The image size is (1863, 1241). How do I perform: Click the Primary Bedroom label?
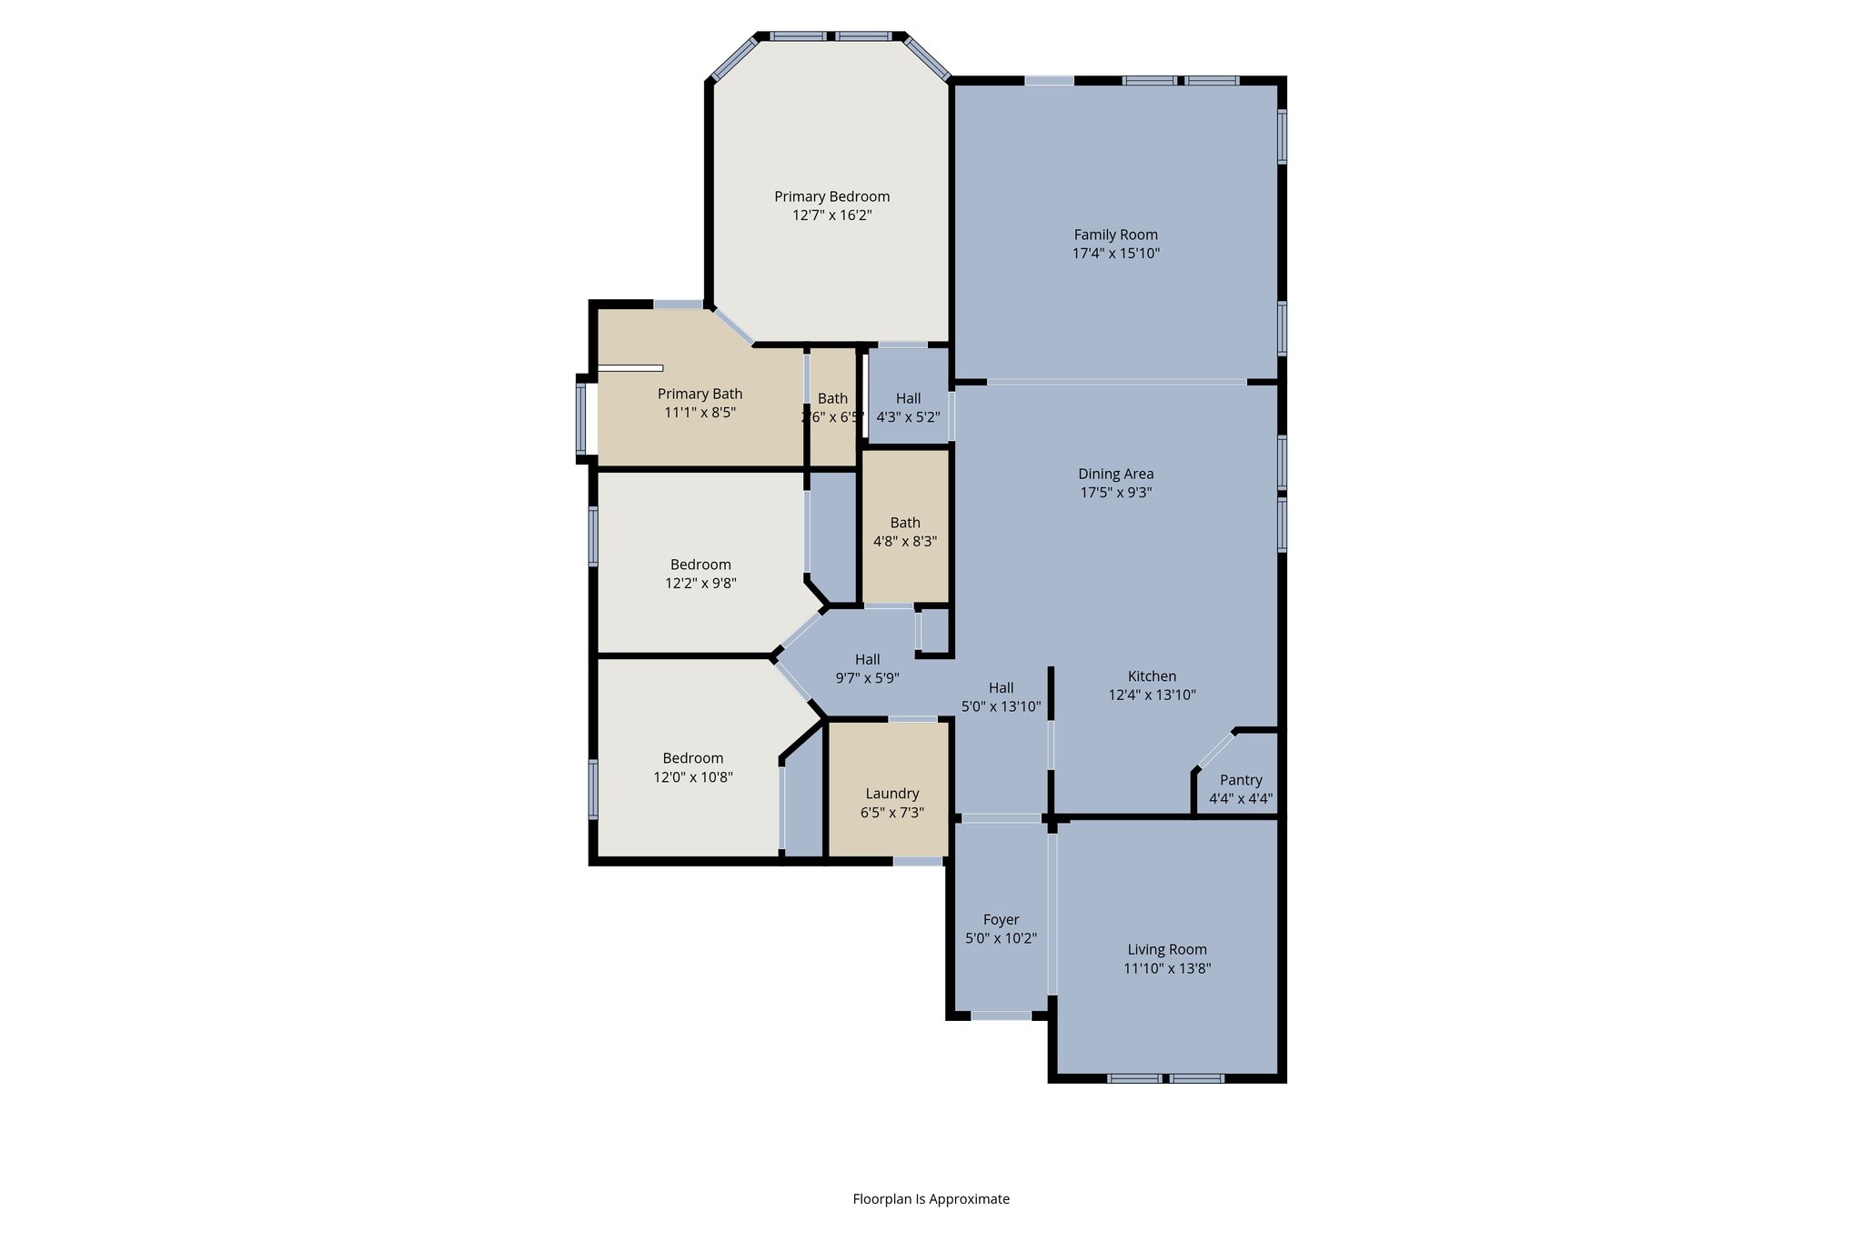[x=831, y=196]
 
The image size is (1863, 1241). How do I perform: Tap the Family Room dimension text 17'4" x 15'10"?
[x=1115, y=254]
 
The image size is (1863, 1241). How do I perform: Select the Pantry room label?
[x=1241, y=780]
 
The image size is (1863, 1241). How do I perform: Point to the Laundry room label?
[x=891, y=794]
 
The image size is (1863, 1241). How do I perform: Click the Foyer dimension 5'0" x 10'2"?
[x=1001, y=938]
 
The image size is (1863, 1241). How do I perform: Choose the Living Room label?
[x=1166, y=949]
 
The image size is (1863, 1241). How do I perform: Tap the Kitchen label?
[x=1152, y=676]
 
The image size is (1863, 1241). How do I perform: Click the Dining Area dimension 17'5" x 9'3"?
[x=1115, y=493]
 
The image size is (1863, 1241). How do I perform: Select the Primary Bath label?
[x=700, y=394]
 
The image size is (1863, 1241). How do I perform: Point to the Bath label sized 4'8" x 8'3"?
[x=904, y=523]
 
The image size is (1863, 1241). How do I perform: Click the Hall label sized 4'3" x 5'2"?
[x=908, y=398]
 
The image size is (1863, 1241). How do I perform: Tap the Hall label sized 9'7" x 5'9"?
[x=867, y=659]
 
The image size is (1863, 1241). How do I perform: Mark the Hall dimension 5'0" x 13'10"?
[x=1001, y=706]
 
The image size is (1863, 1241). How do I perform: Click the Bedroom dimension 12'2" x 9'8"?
[x=700, y=584]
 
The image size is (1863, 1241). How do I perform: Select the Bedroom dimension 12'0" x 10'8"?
[x=692, y=777]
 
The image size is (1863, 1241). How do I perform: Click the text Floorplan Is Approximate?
[x=931, y=1199]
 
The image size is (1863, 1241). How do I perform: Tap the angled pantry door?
[x=1215, y=749]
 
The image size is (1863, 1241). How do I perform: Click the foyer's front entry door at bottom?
[x=1001, y=1016]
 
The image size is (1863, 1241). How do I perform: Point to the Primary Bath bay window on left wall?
[x=580, y=418]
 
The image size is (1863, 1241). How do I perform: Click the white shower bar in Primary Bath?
[x=630, y=368]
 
